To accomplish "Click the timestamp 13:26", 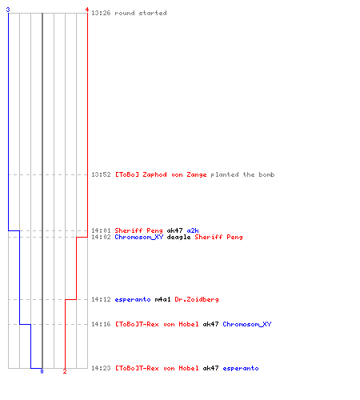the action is pos(101,13).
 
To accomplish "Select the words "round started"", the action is pos(141,13).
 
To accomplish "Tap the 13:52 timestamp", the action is pos(101,174).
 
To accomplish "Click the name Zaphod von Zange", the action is pos(174,174).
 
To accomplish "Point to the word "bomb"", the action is pos(266,174).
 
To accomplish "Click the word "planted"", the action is pos(225,174).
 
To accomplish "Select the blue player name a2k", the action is pos(193,230).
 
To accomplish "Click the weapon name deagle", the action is pos(178,237).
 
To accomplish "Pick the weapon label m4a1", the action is pos(162,299).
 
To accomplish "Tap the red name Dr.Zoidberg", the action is pos(197,299).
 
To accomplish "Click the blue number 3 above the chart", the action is pos(8,10).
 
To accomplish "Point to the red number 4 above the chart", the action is pos(87,10).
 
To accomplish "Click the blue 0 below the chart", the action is pos(42,371).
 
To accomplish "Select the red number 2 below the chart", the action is pos(65,371).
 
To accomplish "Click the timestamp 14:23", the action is pos(101,368).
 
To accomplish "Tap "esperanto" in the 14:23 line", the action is pos(241,368).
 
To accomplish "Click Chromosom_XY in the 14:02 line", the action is pos(138,237).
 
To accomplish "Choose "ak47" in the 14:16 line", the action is pos(210,324).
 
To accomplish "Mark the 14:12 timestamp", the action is pos(101,299).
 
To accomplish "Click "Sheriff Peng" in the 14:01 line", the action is pos(138,230).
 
